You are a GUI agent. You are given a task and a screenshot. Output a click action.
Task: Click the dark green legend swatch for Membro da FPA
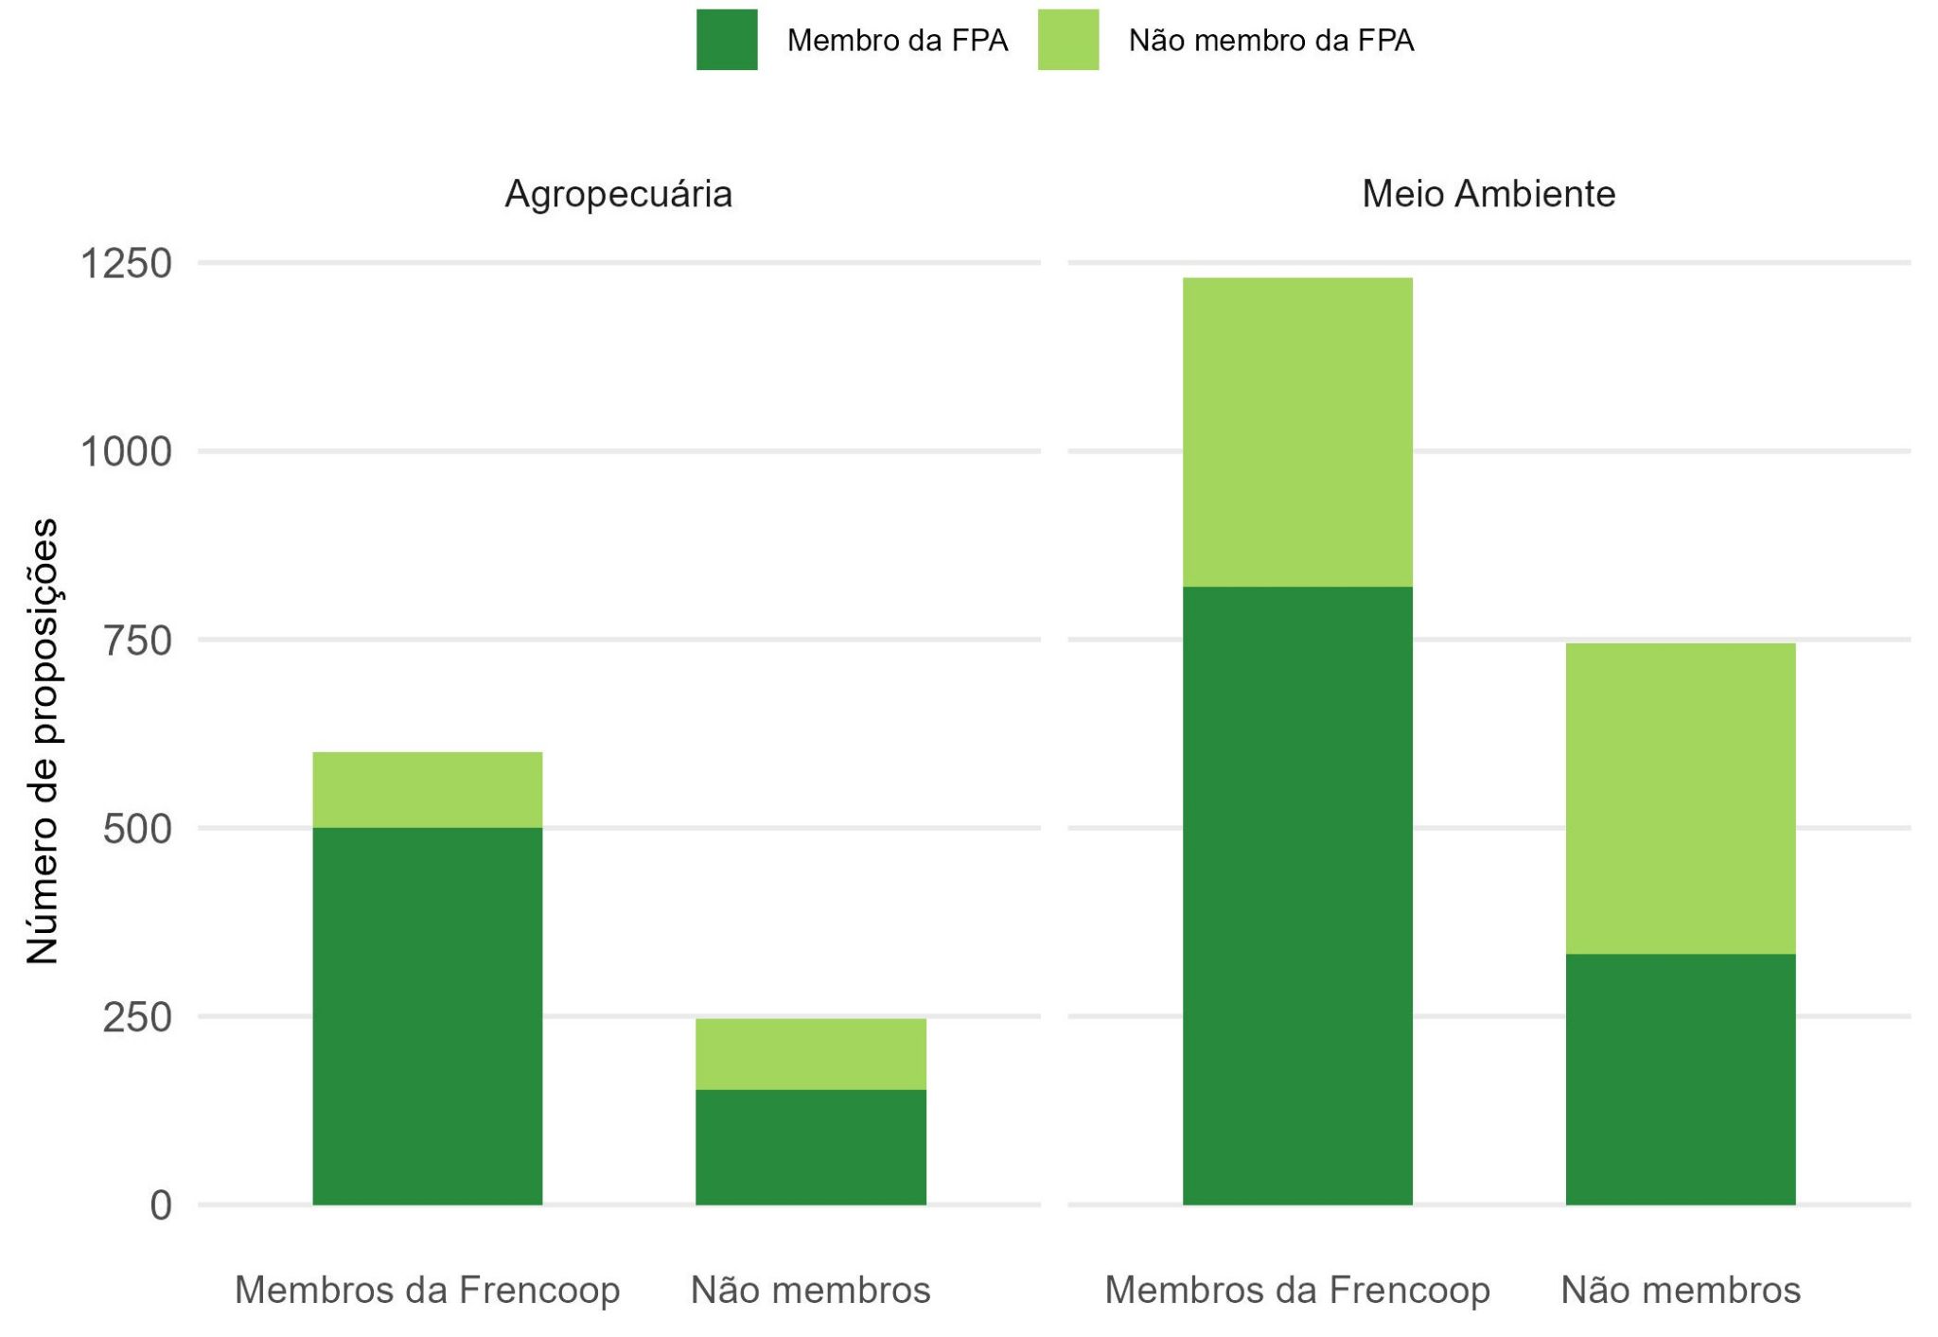[x=727, y=40]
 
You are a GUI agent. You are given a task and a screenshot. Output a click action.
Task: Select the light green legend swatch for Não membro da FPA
[x=1068, y=40]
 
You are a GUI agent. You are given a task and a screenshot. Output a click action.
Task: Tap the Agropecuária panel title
[x=618, y=194]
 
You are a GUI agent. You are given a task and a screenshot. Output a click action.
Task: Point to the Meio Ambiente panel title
[x=1489, y=194]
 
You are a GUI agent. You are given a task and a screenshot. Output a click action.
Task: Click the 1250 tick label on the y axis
[x=126, y=263]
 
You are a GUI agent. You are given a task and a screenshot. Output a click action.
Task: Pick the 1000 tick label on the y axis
[x=126, y=451]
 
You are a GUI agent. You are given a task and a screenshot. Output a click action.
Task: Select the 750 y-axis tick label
[x=137, y=641]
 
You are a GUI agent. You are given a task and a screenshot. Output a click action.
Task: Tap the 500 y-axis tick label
[x=137, y=829]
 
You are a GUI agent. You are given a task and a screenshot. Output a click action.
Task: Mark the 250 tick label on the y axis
[x=137, y=1017]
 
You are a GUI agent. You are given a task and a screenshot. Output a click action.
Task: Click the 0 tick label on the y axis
[x=161, y=1205]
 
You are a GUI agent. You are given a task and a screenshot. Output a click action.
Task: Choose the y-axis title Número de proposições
[x=42, y=741]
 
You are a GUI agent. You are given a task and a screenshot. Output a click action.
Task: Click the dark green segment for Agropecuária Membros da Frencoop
[x=428, y=1015]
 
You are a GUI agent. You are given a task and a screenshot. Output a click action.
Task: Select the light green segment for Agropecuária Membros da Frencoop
[x=428, y=790]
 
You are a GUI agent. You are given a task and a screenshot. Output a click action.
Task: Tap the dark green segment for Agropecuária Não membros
[x=811, y=1147]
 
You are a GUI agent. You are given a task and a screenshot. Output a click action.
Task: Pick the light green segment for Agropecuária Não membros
[x=811, y=1054]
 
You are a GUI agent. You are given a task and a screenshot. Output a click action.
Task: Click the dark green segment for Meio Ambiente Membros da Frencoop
[x=1297, y=895]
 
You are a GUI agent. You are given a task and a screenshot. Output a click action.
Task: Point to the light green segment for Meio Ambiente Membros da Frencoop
[x=1297, y=432]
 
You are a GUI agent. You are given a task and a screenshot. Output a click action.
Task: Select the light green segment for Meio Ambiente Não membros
[x=1681, y=799]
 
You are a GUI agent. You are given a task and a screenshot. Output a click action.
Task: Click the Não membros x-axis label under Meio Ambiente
[x=1681, y=1291]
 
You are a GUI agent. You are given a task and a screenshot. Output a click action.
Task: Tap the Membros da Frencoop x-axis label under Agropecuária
[x=428, y=1291]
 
